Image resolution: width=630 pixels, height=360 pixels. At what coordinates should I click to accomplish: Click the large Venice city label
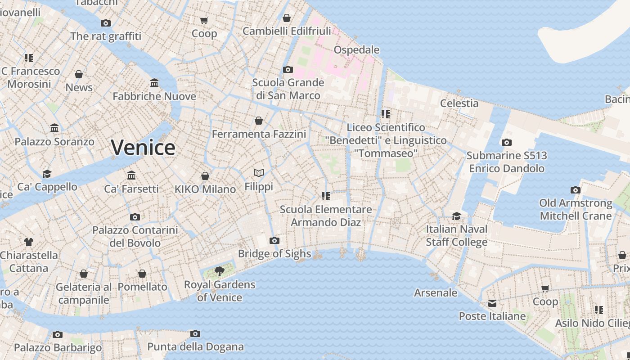143,148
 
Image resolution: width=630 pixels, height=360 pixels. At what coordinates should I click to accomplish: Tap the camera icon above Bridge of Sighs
274,241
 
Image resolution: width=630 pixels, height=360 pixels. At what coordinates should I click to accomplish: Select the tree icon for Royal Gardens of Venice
220,271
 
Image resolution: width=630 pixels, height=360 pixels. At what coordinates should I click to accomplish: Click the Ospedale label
356,49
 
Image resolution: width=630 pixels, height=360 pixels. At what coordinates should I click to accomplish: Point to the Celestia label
459,103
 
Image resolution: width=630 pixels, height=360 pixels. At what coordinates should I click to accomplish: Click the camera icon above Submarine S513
506,143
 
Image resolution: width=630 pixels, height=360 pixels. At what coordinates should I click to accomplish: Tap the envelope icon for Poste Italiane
492,303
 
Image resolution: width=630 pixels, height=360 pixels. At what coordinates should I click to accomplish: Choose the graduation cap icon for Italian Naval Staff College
456,216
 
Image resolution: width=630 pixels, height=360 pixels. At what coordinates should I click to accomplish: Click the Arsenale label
436,293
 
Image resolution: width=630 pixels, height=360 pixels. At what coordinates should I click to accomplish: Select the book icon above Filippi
259,173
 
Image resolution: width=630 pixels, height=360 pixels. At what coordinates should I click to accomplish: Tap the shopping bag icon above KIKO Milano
205,176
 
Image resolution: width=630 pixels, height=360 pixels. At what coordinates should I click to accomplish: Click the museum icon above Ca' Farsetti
131,175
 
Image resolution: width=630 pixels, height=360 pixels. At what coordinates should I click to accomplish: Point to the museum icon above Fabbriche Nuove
154,83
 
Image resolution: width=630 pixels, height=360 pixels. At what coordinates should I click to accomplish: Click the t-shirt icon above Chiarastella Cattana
29,242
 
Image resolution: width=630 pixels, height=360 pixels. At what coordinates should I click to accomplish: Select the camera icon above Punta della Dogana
195,333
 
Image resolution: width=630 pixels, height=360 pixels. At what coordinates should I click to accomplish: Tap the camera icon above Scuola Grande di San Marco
288,69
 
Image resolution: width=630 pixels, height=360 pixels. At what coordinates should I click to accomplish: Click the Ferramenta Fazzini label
259,134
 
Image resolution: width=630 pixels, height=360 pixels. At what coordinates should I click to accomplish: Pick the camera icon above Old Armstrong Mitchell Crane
576,190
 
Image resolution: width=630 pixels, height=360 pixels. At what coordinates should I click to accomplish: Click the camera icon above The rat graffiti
106,23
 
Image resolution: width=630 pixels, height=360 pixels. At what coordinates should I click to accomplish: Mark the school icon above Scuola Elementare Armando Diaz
326,196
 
